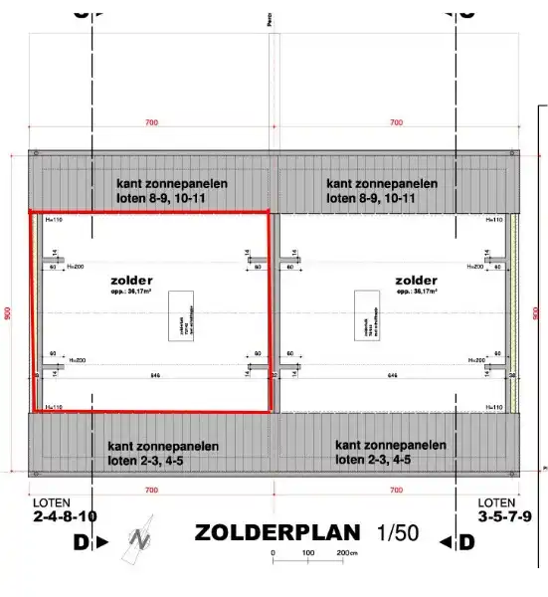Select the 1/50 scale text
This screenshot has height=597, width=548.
pyautogui.click(x=398, y=531)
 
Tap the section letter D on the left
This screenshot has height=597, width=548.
pyautogui.click(x=81, y=542)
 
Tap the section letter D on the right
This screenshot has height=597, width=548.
pyautogui.click(x=466, y=542)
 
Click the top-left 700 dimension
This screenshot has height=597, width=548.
pyautogui.click(x=151, y=122)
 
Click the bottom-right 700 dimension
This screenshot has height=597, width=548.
pyautogui.click(x=396, y=491)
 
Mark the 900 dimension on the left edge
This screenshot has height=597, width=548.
pyautogui.click(x=8, y=312)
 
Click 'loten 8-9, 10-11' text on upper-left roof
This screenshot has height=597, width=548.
pyautogui.click(x=171, y=198)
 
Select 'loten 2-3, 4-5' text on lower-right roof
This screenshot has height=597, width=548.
pyautogui.click(x=390, y=460)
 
